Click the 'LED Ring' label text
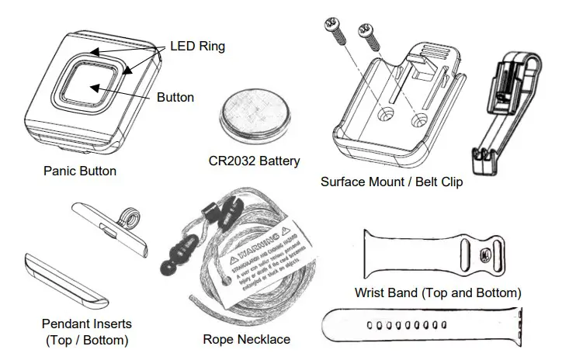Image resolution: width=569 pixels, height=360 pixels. [x=198, y=47]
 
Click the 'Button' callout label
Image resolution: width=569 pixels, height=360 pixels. [x=175, y=98]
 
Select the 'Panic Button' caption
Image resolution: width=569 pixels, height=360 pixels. [x=80, y=171]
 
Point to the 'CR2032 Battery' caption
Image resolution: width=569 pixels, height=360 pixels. [x=254, y=162]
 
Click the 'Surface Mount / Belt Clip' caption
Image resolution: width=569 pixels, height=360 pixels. [x=391, y=182]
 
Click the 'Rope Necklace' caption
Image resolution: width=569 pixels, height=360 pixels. [x=247, y=339]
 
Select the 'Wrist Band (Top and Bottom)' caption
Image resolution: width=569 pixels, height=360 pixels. [x=437, y=292]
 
